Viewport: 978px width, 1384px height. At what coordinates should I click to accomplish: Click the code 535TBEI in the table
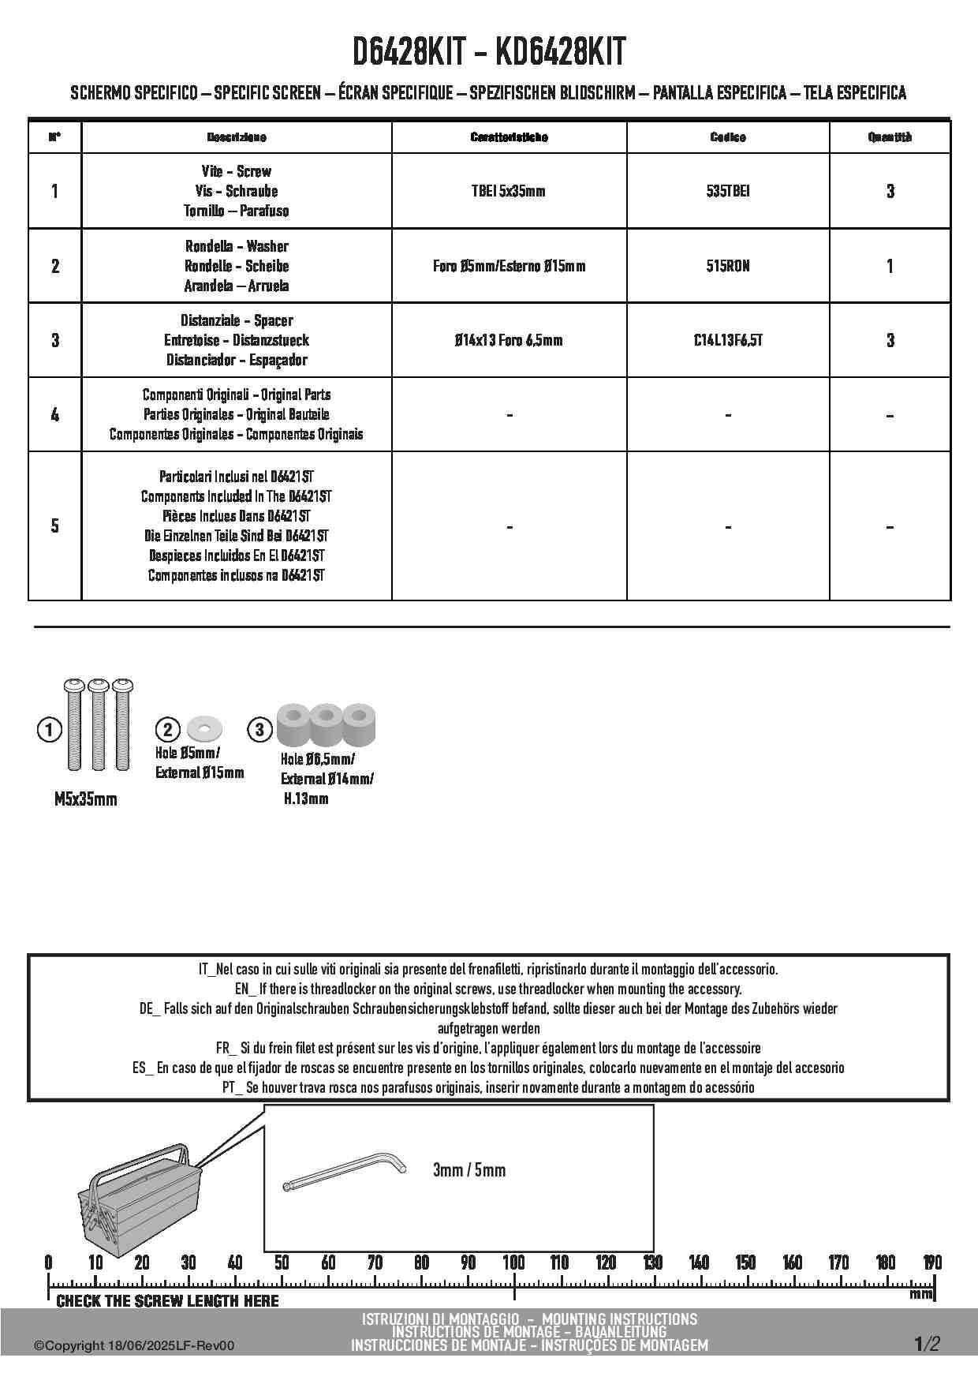click(x=727, y=191)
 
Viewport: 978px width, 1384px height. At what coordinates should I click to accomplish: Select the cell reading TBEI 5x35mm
click(x=509, y=191)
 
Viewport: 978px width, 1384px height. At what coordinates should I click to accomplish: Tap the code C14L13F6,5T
click(x=727, y=340)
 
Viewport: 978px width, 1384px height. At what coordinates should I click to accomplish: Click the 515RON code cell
click(x=727, y=266)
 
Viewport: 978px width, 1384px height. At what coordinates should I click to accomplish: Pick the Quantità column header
click(x=890, y=137)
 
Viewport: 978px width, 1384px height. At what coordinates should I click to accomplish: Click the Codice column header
click(x=727, y=137)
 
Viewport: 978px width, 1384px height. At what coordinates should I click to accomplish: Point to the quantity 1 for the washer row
click(x=890, y=266)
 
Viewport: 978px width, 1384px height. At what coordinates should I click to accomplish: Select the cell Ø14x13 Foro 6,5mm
click(x=509, y=340)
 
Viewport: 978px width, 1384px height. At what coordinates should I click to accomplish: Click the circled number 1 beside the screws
click(x=49, y=730)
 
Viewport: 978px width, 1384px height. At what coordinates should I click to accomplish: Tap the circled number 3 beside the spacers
click(x=259, y=729)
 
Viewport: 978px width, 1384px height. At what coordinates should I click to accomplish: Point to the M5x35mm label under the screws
click(x=85, y=799)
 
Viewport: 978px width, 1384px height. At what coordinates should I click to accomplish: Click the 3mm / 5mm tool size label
click(x=469, y=1169)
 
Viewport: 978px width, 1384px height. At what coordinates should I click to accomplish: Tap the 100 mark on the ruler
click(x=513, y=1262)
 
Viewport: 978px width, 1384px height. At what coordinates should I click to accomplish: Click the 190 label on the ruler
click(x=931, y=1262)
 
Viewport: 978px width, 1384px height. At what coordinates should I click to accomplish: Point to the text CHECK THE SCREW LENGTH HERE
click(x=168, y=1300)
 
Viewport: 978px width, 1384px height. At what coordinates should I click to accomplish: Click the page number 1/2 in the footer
click(x=927, y=1344)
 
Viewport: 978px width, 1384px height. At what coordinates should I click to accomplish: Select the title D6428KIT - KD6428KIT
click(x=489, y=52)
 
